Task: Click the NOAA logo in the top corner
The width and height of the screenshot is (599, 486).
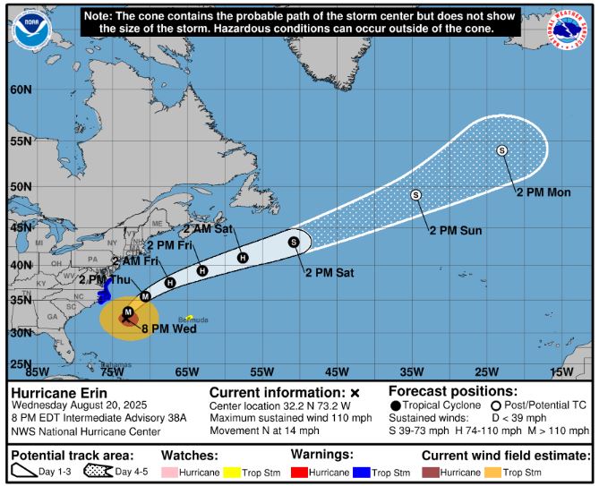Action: (x=30, y=29)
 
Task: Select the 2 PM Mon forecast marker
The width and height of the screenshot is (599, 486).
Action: (x=501, y=150)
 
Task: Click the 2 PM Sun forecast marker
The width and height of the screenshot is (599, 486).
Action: (x=415, y=195)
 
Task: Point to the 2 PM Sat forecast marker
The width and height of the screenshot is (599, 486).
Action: (x=293, y=242)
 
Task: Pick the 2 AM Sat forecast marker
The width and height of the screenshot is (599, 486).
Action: (x=242, y=258)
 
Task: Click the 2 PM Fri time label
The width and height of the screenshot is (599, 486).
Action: (x=171, y=244)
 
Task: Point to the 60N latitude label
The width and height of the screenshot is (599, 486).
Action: (x=21, y=89)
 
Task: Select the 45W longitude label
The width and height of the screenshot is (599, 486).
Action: (x=337, y=372)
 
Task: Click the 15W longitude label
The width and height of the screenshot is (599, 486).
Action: (x=560, y=372)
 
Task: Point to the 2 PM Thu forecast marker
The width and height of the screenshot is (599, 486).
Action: (x=146, y=295)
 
